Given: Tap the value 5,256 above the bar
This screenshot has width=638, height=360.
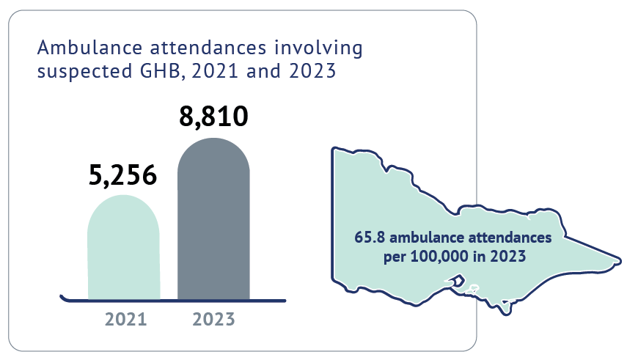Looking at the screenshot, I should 123,175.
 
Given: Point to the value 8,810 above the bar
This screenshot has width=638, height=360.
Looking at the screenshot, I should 213,117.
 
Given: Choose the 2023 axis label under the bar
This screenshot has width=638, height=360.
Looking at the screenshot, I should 213,320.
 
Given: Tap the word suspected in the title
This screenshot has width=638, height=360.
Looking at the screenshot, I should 76,73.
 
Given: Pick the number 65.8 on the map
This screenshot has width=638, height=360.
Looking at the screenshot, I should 369,239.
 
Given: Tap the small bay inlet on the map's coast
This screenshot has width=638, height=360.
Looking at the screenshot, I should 457,281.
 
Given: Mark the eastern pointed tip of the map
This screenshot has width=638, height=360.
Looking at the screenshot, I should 620,260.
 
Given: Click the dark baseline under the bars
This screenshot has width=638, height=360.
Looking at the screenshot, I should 173,299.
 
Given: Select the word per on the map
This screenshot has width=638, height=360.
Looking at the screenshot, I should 395,257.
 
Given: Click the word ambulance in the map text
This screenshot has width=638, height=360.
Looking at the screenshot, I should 424,239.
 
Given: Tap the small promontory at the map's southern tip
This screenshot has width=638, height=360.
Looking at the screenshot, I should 505,311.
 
